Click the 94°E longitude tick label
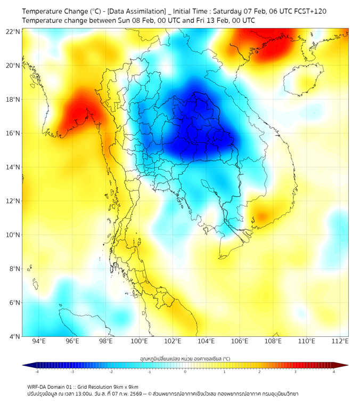pos(39,341)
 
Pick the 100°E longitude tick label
pos(140,341)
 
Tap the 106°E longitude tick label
pos(240,341)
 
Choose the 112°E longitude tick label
pos(340,341)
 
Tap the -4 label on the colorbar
pos(36,372)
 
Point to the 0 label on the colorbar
pos(185,372)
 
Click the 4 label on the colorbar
pos(334,372)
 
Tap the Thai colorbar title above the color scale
pos(185,358)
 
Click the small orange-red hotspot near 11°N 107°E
pos(261,217)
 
